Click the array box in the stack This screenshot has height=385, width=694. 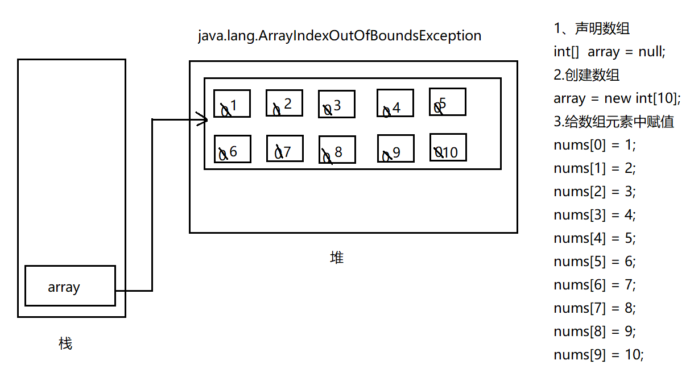(x=70, y=285)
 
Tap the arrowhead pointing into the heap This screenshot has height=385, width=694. (x=203, y=119)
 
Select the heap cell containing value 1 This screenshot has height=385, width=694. (x=232, y=104)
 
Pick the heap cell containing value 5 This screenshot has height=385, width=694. (x=448, y=102)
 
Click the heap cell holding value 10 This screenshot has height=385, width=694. (x=448, y=147)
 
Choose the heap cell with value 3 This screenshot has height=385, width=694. (x=336, y=104)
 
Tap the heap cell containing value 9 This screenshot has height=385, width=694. (x=395, y=148)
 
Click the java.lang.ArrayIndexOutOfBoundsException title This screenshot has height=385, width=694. (x=340, y=36)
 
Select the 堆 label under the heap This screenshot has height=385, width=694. (x=337, y=258)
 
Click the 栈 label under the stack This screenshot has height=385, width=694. (x=65, y=343)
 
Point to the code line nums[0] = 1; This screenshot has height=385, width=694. (x=594, y=145)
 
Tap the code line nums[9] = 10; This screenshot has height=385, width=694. (x=598, y=355)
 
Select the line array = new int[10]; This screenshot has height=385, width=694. (x=617, y=98)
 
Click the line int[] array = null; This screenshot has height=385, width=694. (x=609, y=52)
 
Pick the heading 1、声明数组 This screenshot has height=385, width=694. (x=592, y=28)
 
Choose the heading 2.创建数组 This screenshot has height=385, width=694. (x=586, y=75)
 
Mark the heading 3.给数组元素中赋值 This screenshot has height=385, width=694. (x=614, y=122)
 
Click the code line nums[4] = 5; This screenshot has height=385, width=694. (x=594, y=238)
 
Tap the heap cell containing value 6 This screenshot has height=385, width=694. (x=232, y=149)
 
